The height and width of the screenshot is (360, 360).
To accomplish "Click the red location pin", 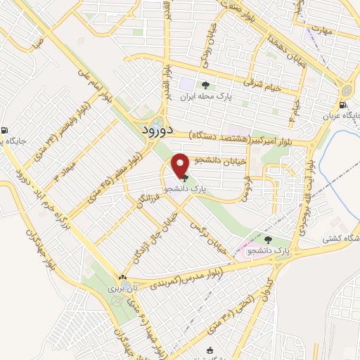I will tap(181, 165).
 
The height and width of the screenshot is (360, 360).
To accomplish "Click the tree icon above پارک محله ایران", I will tap(205, 85).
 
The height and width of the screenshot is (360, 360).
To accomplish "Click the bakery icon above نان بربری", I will tap(123, 278).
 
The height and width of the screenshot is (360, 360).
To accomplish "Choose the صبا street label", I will tap(37, 43).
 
